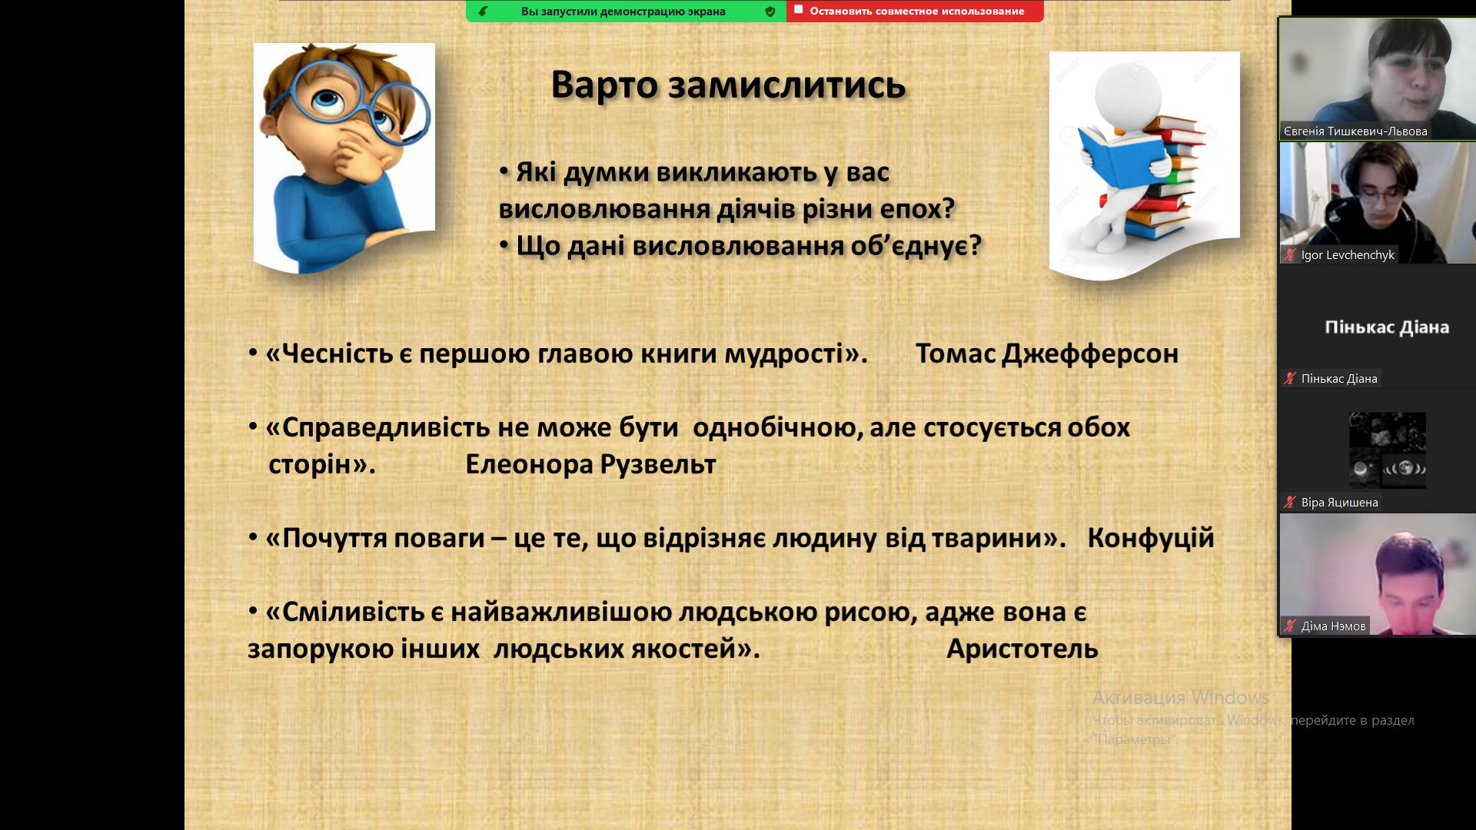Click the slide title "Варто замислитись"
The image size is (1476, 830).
coord(728,85)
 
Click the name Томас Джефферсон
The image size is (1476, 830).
coord(1046,354)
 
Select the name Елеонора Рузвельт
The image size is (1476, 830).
coord(590,464)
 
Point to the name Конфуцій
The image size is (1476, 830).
coord(1151,538)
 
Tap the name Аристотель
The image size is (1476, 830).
coord(1022,649)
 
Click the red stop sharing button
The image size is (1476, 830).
coord(915,11)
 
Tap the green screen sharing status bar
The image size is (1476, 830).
coord(626,11)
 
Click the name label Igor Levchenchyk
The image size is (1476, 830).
coord(1347,255)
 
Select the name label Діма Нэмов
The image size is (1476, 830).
coord(1333,626)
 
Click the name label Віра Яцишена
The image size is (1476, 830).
coord(1339,503)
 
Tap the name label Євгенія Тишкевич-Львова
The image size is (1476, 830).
coord(1355,131)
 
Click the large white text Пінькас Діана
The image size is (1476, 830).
coord(1387,327)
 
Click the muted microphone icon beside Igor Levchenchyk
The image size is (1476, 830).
coord(1290,255)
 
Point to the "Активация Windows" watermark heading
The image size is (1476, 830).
coord(1181,698)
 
